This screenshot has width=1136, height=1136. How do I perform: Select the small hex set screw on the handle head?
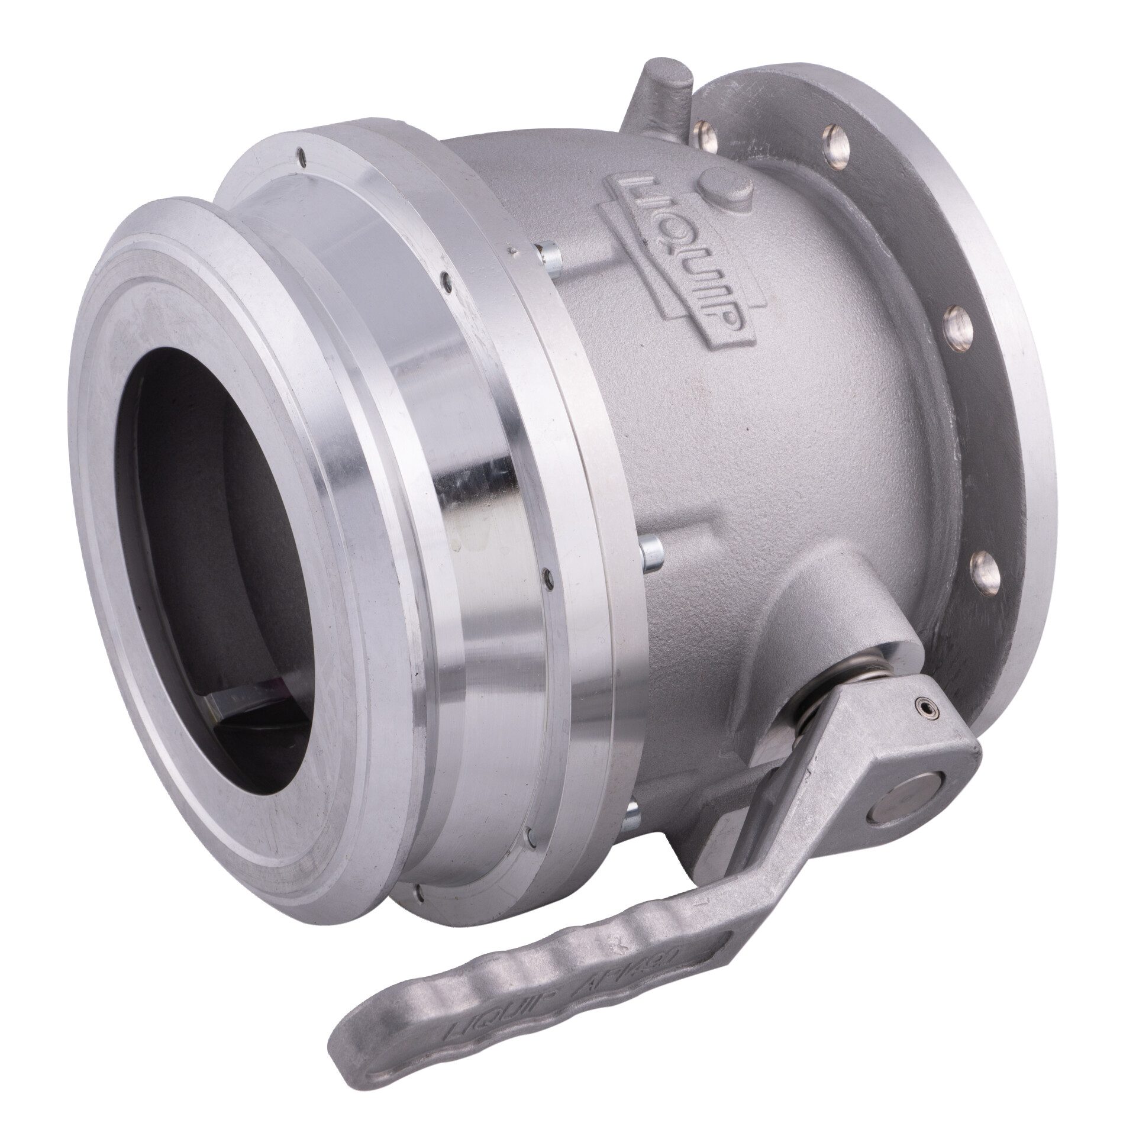(921, 705)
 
